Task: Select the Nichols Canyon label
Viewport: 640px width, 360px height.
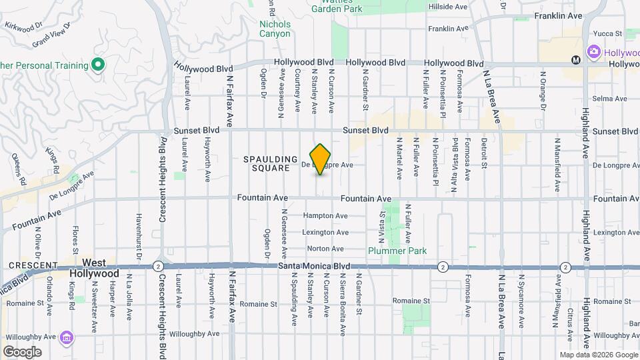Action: coord(275,29)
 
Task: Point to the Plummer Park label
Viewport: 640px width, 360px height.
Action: coord(397,251)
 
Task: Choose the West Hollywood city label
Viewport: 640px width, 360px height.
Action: coord(95,269)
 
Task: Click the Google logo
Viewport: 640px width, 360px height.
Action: coord(22,352)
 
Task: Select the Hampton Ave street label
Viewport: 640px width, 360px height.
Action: coord(325,216)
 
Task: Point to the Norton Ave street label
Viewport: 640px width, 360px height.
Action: coord(325,249)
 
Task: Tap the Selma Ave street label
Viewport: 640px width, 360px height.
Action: coord(613,99)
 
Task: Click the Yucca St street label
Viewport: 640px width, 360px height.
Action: coord(609,33)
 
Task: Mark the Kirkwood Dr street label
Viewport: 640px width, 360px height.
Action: coord(19,24)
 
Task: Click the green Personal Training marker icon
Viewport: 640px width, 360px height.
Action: coord(98,65)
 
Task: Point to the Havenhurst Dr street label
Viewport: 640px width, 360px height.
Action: coord(139,237)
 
